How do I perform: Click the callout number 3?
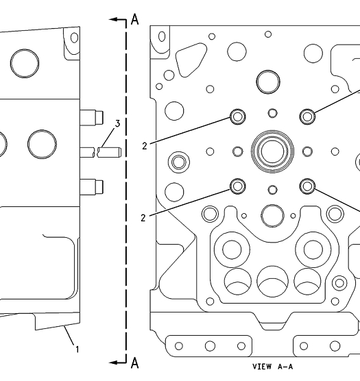117,123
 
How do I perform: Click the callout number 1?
77,349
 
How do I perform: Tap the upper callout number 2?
145,146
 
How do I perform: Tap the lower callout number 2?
143,218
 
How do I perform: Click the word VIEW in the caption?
263,367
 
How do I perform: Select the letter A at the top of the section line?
135,19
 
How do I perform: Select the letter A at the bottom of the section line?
135,363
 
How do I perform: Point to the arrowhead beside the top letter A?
113,19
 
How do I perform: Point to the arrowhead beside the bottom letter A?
113,362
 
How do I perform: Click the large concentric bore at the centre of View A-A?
272,151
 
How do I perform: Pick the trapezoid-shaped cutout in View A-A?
191,60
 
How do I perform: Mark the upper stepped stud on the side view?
92,118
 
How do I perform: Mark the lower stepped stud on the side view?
92,187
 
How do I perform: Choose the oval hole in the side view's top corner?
74,38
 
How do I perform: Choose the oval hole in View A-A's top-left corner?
162,37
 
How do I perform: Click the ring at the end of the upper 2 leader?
238,117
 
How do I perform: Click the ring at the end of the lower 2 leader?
238,186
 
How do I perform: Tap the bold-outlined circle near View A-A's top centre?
268,82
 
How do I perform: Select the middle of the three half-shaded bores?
272,282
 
